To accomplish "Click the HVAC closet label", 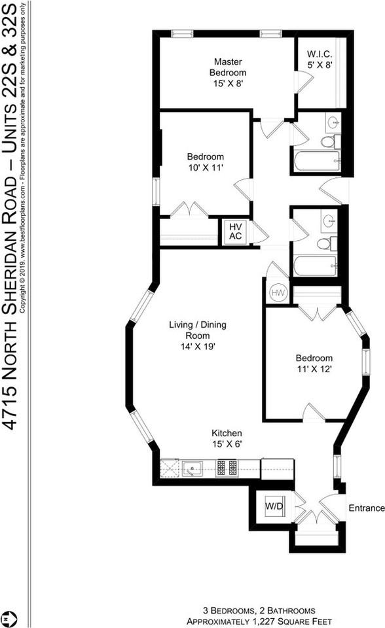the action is [x=236, y=232].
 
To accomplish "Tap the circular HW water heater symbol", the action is [x=278, y=293].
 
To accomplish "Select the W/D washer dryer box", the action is [x=274, y=506].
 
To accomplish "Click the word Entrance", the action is [x=367, y=508].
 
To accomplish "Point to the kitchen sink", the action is [x=192, y=468].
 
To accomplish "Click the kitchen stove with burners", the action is [x=227, y=468].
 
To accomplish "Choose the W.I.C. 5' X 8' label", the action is [x=320, y=60].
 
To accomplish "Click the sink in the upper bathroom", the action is [x=333, y=122].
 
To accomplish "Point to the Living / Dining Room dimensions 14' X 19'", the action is [x=198, y=346].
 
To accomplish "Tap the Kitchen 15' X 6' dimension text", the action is [x=227, y=444].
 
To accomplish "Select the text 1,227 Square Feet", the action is [x=292, y=621].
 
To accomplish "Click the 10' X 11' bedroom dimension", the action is [x=206, y=167].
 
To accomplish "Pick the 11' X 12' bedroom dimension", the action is [x=314, y=369].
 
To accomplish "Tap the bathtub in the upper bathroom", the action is [x=317, y=161].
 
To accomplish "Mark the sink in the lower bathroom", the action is [x=329, y=220].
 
